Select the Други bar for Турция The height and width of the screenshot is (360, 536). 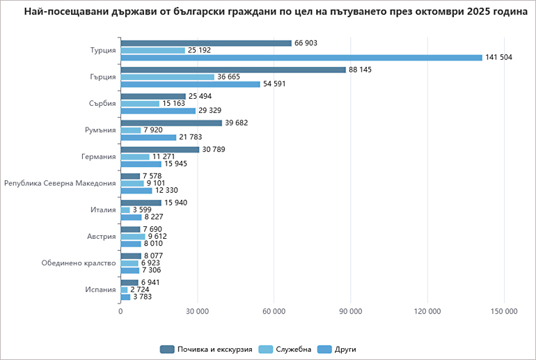coord(301,57)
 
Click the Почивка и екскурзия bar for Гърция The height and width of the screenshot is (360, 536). coord(233,70)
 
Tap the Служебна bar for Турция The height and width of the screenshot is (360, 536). coord(152,50)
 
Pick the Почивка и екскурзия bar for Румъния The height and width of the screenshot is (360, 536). coord(171,123)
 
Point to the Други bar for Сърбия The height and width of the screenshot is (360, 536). coord(158,111)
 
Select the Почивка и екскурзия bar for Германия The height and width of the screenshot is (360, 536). coord(159,150)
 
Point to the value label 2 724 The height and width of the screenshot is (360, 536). coord(140,290)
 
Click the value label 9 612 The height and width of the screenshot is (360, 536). coord(157,236)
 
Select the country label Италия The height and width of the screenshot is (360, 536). coord(102,210)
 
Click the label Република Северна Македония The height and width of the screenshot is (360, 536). coord(60,183)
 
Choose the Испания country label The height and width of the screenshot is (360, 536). coord(100,290)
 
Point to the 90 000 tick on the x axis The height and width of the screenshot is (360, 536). coord(350,311)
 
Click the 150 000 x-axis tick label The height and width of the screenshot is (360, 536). coord(503,311)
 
